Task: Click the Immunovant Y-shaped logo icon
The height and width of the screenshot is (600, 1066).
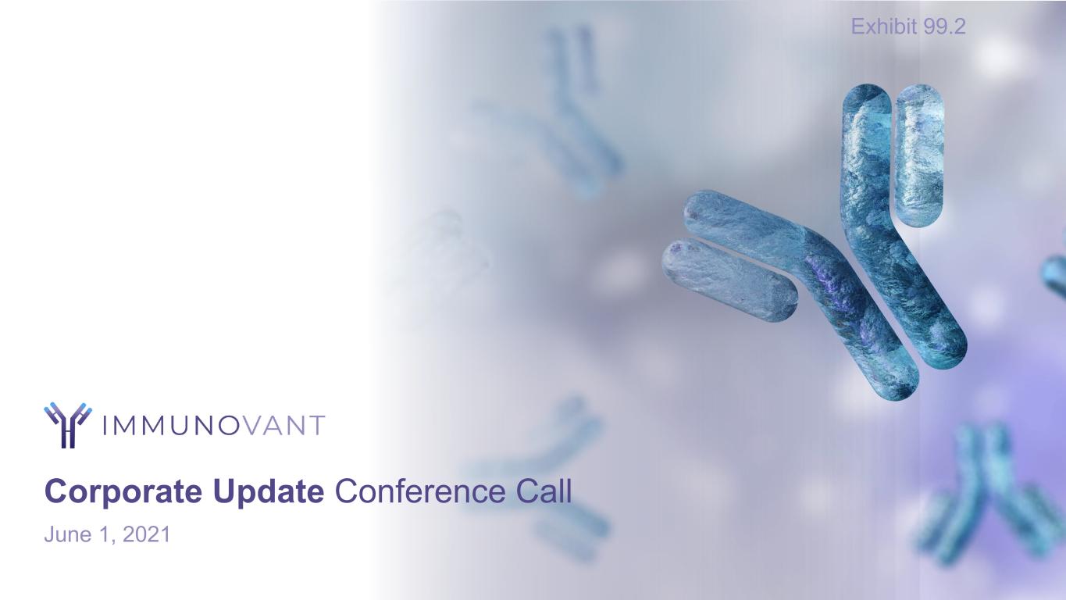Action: (68, 425)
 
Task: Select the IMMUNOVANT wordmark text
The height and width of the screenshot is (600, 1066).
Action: (213, 426)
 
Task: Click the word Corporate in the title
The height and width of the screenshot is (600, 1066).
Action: (123, 492)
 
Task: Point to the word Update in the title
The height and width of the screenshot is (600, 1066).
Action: (269, 492)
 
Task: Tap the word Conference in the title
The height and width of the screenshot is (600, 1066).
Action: (420, 491)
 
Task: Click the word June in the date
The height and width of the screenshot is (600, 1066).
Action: (68, 534)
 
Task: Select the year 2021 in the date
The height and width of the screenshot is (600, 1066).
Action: (146, 534)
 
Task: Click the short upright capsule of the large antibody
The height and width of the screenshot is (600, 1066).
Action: (919, 155)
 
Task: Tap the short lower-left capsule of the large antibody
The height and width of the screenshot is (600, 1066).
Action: (729, 280)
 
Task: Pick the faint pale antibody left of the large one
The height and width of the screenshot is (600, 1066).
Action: (438, 252)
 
